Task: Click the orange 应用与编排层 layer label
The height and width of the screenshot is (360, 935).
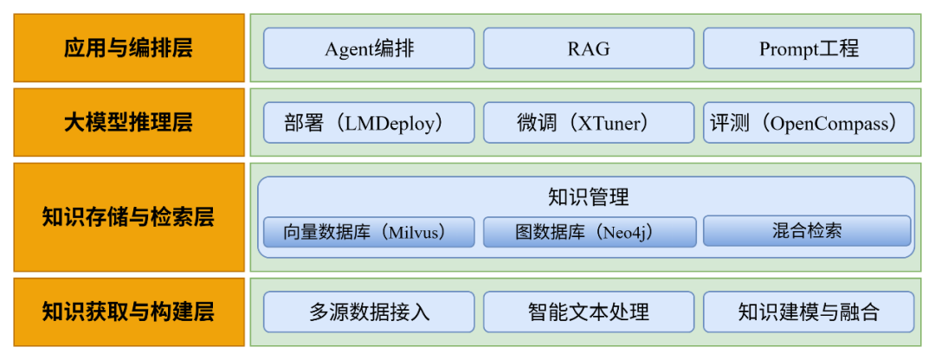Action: pyautogui.click(x=128, y=48)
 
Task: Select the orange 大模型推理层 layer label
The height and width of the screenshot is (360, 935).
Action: pyautogui.click(x=128, y=122)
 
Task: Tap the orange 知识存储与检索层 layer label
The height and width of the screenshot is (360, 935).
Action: pyautogui.click(x=128, y=216)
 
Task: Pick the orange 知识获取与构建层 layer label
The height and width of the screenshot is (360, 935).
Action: pyautogui.click(x=128, y=312)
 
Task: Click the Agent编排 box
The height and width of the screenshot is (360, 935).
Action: pyautogui.click(x=369, y=48)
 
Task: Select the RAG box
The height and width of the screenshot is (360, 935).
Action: pyautogui.click(x=589, y=48)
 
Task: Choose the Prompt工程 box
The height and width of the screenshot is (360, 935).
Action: pyautogui.click(x=809, y=48)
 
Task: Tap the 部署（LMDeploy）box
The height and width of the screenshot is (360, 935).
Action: pyautogui.click(x=369, y=123)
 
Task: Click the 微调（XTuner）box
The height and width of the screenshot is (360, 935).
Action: pyautogui.click(x=589, y=123)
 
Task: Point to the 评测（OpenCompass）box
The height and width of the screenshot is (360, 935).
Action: pyautogui.click(x=809, y=123)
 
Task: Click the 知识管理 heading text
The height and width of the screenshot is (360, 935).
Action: pyautogui.click(x=589, y=197)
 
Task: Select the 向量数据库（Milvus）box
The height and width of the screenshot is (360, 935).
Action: pyautogui.click(x=369, y=232)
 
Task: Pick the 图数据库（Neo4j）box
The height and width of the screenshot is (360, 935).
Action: pyautogui.click(x=589, y=232)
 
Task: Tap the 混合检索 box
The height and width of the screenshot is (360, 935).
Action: pyautogui.click(x=807, y=231)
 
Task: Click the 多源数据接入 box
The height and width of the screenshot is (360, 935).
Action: pyautogui.click(x=369, y=312)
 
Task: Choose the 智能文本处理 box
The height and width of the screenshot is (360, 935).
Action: pyautogui.click(x=589, y=312)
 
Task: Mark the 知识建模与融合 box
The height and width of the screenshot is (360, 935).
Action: pyautogui.click(x=809, y=312)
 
